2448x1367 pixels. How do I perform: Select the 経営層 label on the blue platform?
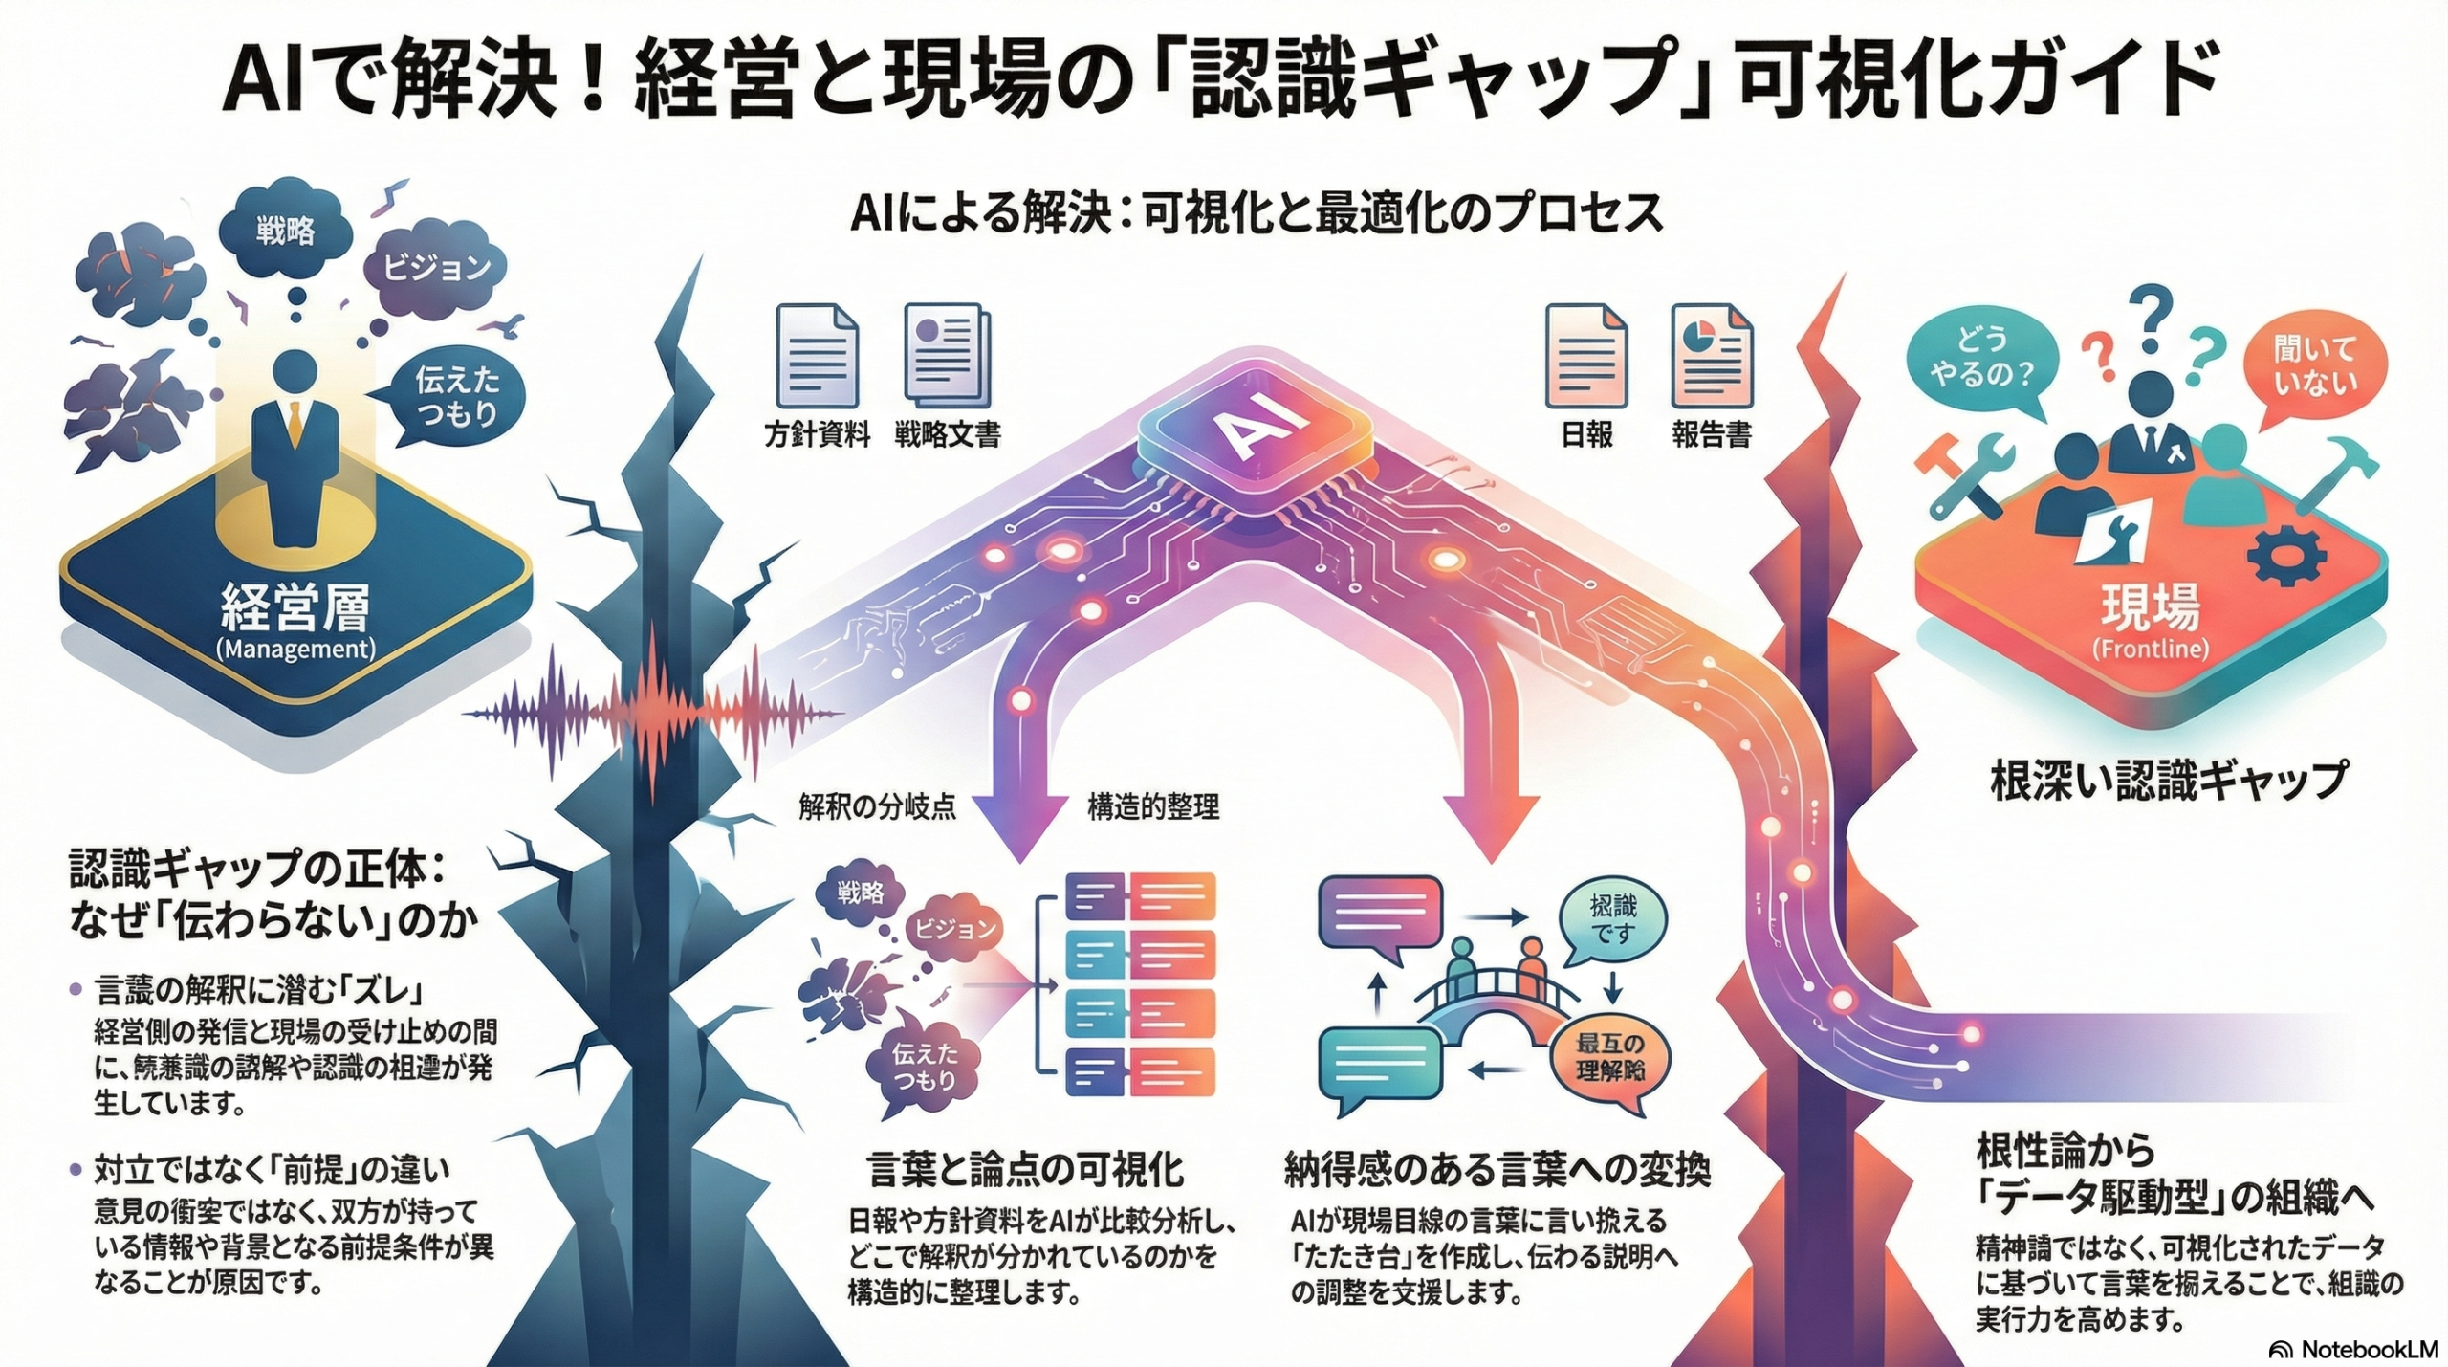pyautogui.click(x=295, y=608)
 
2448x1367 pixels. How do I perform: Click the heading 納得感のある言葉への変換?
pyautogui.click(x=1497, y=1169)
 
